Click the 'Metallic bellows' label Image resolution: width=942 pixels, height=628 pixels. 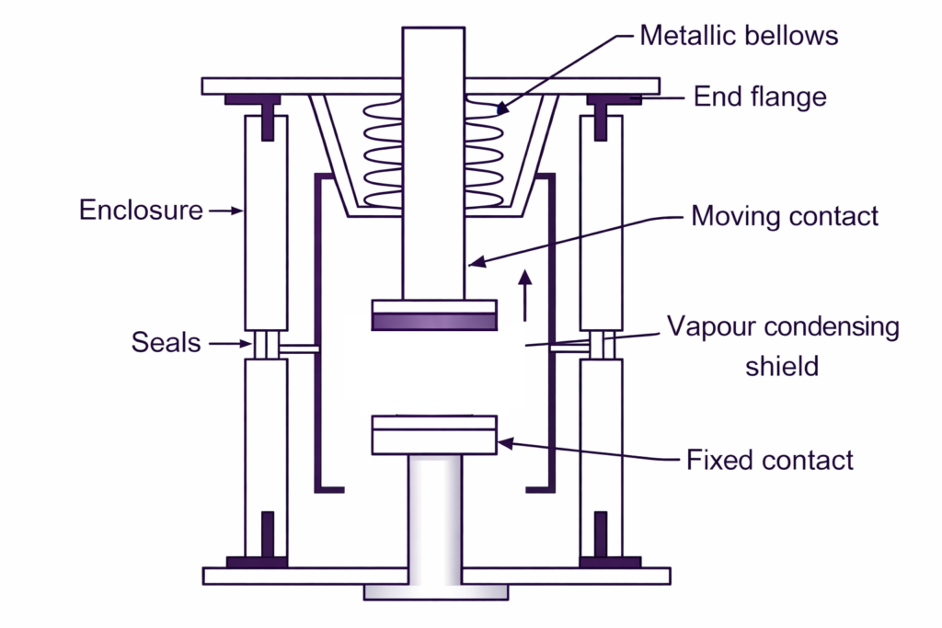pos(739,36)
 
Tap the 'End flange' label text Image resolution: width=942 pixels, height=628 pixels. pos(759,97)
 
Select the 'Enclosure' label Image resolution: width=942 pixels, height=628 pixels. pos(141,210)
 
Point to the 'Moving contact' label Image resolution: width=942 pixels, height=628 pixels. pos(784,216)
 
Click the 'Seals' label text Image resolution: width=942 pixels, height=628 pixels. pos(165,343)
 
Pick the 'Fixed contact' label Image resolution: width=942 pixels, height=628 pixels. pos(770,459)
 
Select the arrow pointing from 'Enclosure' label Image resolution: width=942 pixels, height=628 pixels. pos(226,211)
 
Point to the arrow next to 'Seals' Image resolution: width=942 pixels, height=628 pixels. pos(229,344)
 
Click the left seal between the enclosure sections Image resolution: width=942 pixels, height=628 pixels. pos(266,345)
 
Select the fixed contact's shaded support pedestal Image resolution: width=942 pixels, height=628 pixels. pos(434,520)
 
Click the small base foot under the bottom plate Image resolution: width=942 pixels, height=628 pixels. pos(434,591)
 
